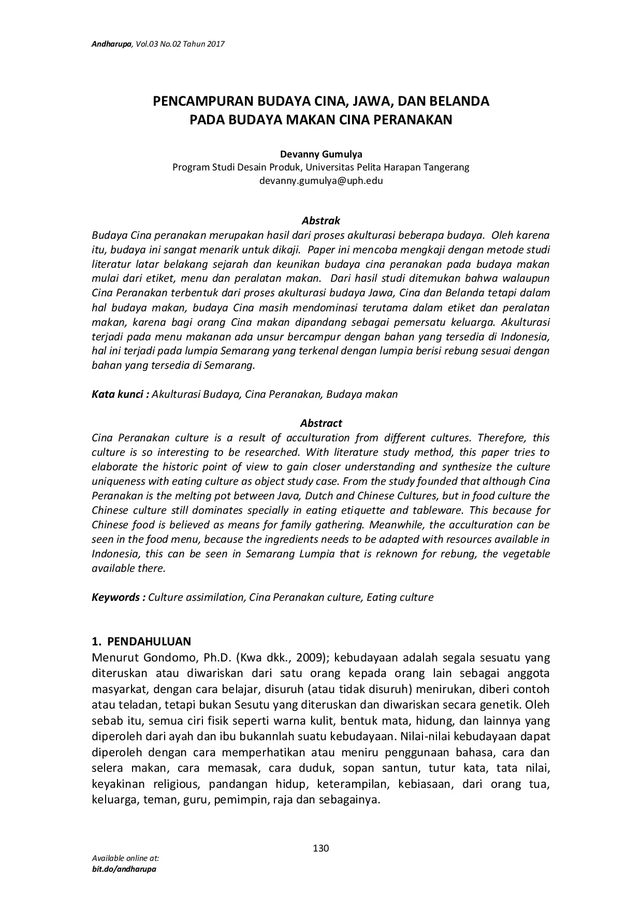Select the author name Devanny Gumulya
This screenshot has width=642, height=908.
coord(321,154)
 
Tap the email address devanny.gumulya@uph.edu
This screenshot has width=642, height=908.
coord(321,181)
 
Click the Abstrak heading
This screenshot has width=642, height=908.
coord(321,221)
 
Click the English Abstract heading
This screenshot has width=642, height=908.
coord(321,423)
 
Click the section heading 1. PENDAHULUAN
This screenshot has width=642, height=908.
coord(141,642)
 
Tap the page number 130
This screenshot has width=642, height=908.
coord(321,848)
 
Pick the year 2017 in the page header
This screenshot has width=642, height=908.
coord(215,45)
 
